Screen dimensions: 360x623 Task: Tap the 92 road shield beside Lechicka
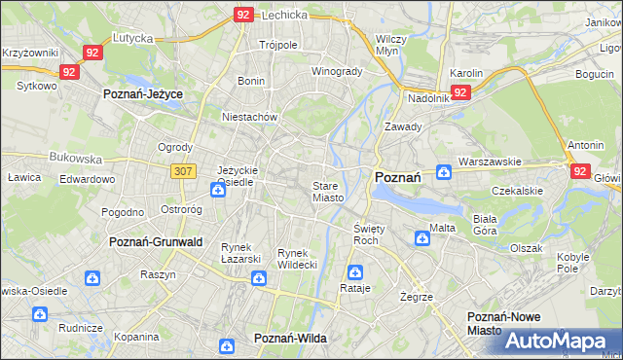[244, 15]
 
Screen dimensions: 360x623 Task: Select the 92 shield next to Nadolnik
[461, 92]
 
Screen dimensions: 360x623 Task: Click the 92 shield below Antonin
[581, 170]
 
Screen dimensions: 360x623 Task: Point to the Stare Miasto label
[327, 192]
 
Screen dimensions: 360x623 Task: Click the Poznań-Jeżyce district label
[143, 94]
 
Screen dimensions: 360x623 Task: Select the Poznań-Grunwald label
[156, 242]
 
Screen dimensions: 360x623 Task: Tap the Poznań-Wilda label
[290, 338]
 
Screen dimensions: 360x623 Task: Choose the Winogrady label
[337, 72]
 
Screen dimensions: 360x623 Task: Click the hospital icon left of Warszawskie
[444, 172]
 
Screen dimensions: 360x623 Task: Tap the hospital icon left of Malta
[422, 236]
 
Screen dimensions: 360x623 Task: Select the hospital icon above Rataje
[355, 271]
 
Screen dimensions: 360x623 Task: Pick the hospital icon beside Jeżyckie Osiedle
[217, 189]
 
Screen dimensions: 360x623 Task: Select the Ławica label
[22, 178]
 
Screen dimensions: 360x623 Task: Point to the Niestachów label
[250, 117]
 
